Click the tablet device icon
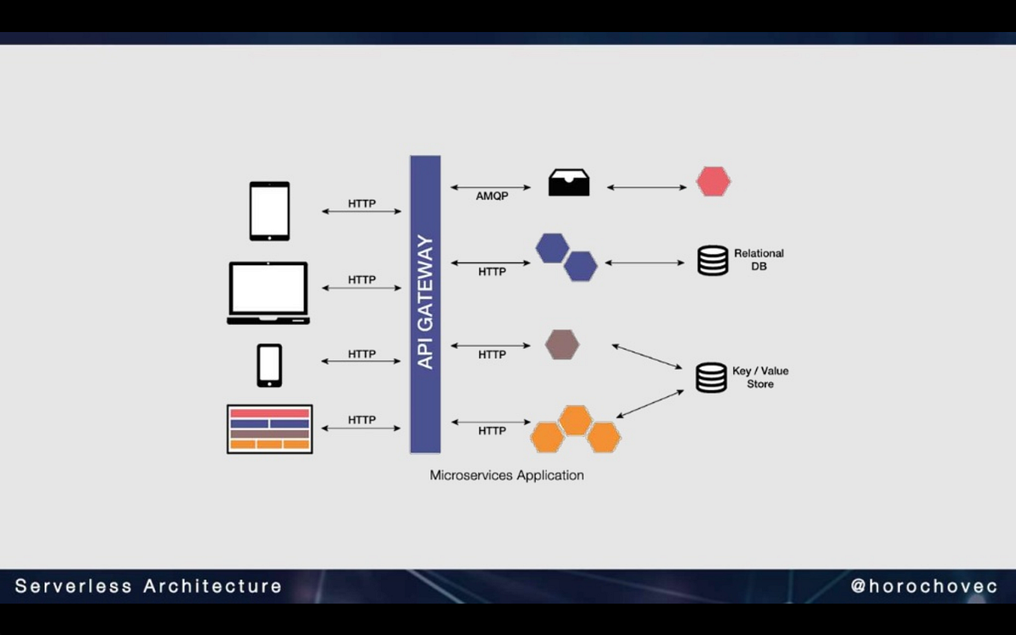click(x=269, y=211)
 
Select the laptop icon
click(x=268, y=293)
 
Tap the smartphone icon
click(x=269, y=366)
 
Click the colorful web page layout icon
click(x=270, y=429)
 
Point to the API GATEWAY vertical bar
click(x=425, y=304)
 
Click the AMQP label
click(x=492, y=196)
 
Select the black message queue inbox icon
click(x=569, y=182)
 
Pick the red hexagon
click(x=714, y=181)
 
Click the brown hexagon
click(x=562, y=345)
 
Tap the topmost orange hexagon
click(x=576, y=421)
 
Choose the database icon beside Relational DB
click(x=713, y=261)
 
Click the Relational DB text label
click(x=759, y=259)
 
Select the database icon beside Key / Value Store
click(x=711, y=378)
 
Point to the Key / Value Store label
click(x=760, y=378)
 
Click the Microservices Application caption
click(x=506, y=475)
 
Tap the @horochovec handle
click(x=924, y=586)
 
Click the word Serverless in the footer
click(x=74, y=586)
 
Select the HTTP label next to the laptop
click(x=362, y=280)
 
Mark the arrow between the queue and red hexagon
click(x=647, y=187)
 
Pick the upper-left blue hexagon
click(x=552, y=248)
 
